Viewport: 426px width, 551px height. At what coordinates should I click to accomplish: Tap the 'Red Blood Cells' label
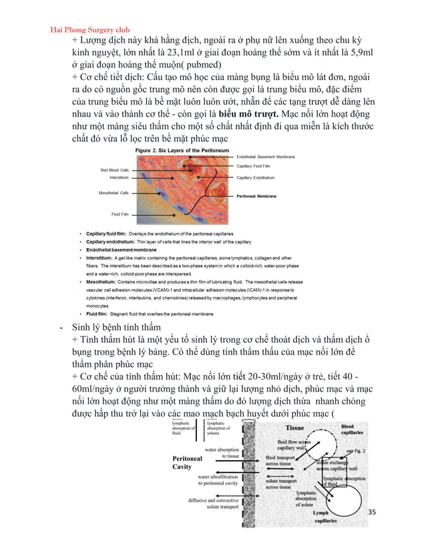click(x=105, y=170)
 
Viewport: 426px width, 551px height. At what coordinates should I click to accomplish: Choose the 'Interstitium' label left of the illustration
click(x=109, y=178)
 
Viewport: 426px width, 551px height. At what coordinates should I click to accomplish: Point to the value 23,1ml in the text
click(x=210, y=54)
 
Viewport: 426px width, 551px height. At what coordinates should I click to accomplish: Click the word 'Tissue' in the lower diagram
click(x=295, y=428)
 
